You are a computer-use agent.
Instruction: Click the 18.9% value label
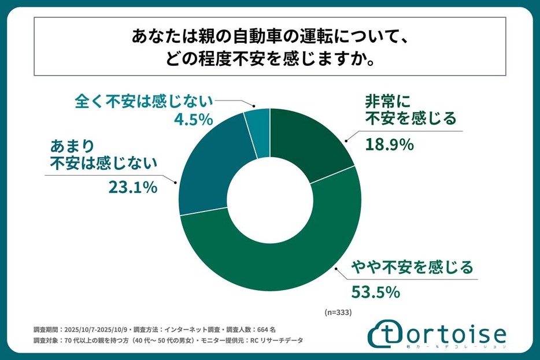(389, 144)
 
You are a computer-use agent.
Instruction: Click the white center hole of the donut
(270, 201)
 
